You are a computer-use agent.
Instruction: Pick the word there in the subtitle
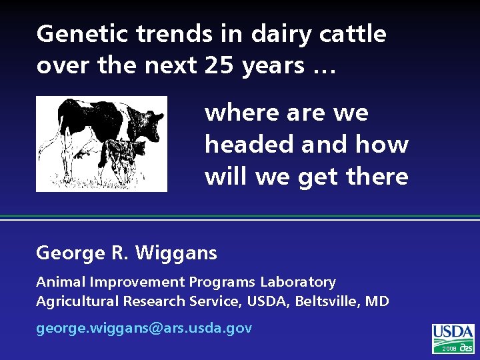tap(377, 177)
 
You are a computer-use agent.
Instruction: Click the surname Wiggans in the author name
tap(175, 253)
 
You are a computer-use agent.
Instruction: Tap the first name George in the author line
tap(69, 253)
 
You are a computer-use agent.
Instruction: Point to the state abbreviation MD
tap(377, 301)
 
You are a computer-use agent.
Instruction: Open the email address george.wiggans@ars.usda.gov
tap(144, 328)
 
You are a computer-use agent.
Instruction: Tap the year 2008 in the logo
tap(449, 349)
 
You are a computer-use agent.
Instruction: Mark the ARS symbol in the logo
tap(467, 348)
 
